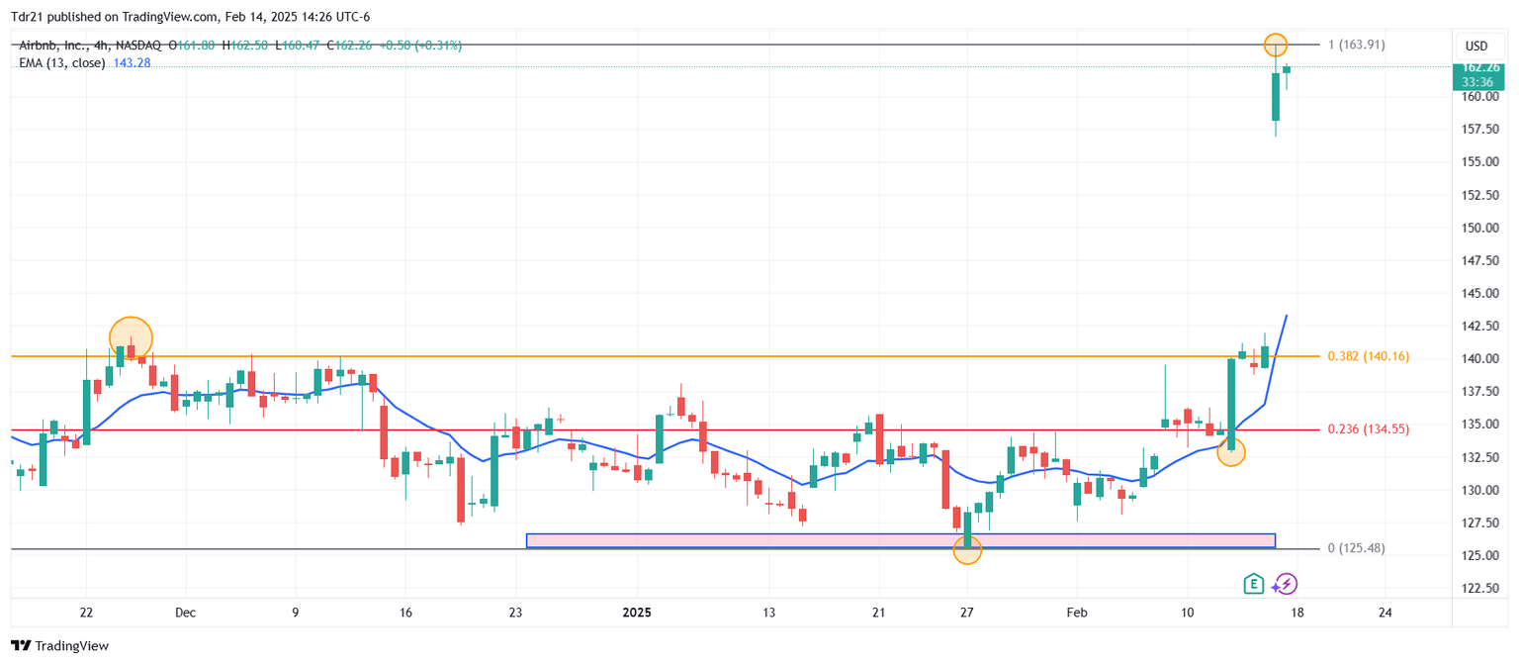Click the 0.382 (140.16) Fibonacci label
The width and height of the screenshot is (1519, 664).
pyautogui.click(x=1369, y=356)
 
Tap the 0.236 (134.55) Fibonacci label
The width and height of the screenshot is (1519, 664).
pyautogui.click(x=1369, y=429)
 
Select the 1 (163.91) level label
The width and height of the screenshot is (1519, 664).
pyautogui.click(x=1356, y=45)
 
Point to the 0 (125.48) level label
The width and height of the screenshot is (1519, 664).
pyautogui.click(x=1356, y=548)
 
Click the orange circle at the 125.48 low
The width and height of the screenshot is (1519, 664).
pyautogui.click(x=967, y=550)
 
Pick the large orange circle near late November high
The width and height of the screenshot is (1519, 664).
pyautogui.click(x=132, y=337)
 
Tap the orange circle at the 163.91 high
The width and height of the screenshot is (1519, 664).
pyautogui.click(x=1276, y=45)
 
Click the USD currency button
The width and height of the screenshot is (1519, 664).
pyautogui.click(x=1475, y=47)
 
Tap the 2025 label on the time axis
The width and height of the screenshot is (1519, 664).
pyautogui.click(x=637, y=613)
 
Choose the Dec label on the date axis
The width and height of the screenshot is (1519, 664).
pyautogui.click(x=185, y=613)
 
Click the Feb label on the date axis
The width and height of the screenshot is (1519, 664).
pyautogui.click(x=1077, y=613)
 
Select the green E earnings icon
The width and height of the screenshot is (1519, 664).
pyautogui.click(x=1254, y=584)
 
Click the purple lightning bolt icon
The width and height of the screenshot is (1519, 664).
pyautogui.click(x=1286, y=584)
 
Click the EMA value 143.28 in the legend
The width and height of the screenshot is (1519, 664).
pyautogui.click(x=131, y=63)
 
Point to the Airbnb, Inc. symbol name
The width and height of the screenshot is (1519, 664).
pyautogui.click(x=50, y=46)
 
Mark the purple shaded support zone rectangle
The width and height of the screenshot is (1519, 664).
pyautogui.click(x=900, y=540)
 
